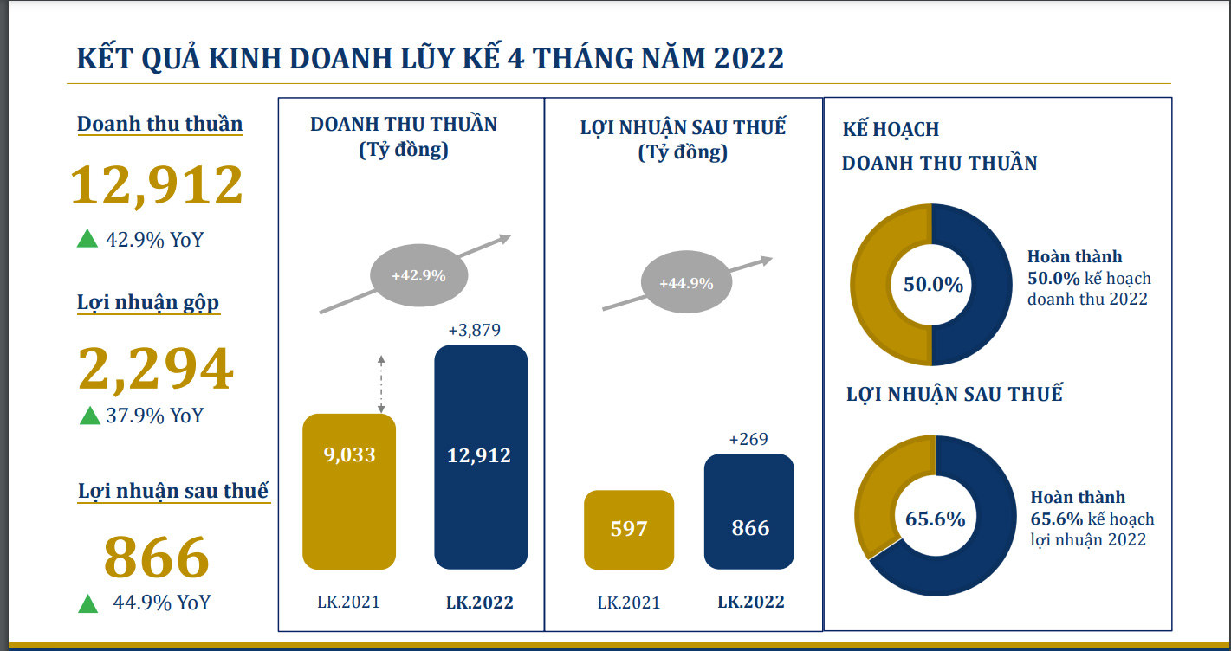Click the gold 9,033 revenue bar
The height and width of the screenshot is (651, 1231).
(x=348, y=492)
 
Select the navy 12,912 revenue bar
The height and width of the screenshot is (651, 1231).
(x=480, y=457)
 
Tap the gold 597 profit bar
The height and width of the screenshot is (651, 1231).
(x=629, y=529)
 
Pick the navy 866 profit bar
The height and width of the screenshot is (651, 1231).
(x=749, y=511)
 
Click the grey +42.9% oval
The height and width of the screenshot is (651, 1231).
(x=418, y=276)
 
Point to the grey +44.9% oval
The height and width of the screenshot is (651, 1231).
(x=685, y=283)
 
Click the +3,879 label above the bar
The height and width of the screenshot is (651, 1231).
(x=474, y=330)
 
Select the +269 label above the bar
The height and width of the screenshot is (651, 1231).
(x=748, y=440)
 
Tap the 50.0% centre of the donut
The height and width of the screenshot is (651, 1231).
(x=933, y=284)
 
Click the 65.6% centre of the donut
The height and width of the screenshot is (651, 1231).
(x=935, y=519)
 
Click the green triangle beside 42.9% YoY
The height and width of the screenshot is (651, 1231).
(x=87, y=239)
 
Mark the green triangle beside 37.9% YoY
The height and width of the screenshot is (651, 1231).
(x=90, y=416)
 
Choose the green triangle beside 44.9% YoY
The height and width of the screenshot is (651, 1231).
(x=87, y=603)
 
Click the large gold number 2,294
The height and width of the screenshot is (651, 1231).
(x=156, y=369)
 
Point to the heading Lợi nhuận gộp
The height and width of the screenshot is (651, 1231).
(x=148, y=303)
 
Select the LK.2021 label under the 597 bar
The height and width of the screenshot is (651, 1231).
(x=629, y=603)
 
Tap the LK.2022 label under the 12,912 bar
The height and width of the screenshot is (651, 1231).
(x=480, y=603)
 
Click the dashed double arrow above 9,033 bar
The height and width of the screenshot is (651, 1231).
(x=380, y=384)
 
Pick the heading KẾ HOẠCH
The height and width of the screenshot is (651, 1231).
(x=891, y=130)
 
